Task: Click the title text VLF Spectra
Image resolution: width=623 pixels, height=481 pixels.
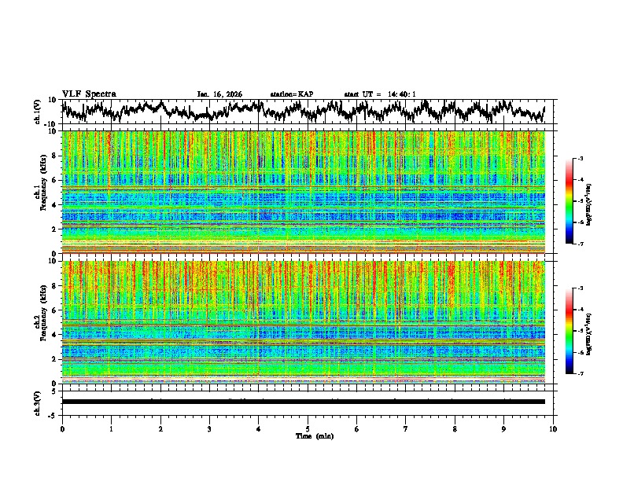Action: (x=89, y=94)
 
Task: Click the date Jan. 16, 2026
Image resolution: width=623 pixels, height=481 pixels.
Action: (x=220, y=94)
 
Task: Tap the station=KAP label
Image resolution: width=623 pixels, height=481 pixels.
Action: (x=292, y=94)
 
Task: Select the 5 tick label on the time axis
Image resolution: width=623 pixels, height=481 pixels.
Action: (x=308, y=428)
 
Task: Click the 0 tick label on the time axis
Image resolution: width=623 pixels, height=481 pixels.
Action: (x=62, y=428)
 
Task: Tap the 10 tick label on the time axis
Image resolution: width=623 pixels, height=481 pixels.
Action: (x=553, y=428)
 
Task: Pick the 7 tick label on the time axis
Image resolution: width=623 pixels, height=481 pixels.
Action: (x=406, y=428)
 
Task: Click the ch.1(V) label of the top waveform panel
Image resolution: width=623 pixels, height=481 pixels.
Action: (x=38, y=112)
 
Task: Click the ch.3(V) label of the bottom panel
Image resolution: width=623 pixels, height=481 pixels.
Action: (x=38, y=401)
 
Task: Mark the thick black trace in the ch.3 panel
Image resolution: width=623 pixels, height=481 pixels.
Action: (x=307, y=402)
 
